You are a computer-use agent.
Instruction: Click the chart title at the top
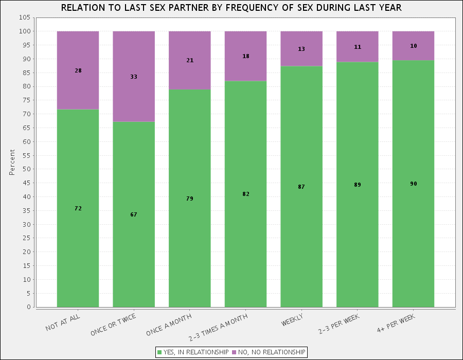click(232, 8)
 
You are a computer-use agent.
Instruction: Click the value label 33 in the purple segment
click(134, 77)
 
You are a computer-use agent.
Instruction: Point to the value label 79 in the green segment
click(190, 199)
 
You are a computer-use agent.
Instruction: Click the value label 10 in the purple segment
click(414, 46)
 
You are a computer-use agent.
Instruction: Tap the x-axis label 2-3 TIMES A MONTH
click(219, 328)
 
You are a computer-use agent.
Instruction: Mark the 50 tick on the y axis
click(26, 169)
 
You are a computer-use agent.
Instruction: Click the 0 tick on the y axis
click(28, 307)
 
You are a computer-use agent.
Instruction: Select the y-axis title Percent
click(12, 162)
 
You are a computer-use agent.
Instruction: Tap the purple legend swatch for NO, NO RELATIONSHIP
click(235, 352)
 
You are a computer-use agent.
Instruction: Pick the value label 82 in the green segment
click(246, 194)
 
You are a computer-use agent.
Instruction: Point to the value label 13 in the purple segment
click(301, 49)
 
